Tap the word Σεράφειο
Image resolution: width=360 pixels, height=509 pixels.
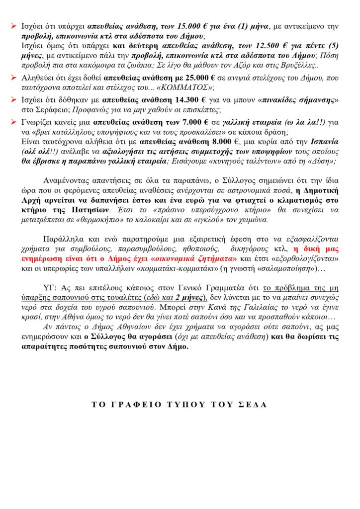click(x=45, y=110)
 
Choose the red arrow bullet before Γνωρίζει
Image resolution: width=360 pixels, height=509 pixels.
click(x=15, y=121)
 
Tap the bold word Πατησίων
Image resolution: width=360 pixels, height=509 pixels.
click(x=87, y=209)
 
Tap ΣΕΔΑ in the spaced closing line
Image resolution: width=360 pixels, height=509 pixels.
click(x=252, y=404)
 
